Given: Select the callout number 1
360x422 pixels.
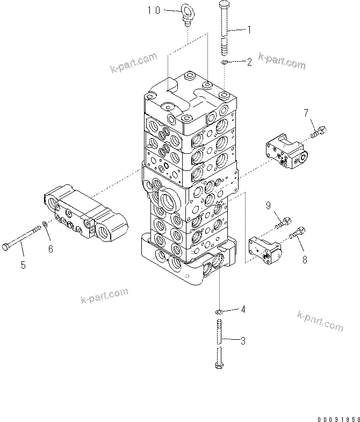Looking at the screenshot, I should pyautogui.click(x=248, y=31).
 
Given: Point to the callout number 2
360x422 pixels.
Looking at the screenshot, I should pyautogui.click(x=248, y=62).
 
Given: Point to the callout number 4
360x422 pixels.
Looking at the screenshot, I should pyautogui.click(x=243, y=309).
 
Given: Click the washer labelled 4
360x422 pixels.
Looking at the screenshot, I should pyautogui.click(x=219, y=311).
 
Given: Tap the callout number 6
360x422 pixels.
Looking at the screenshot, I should pyautogui.click(x=51, y=248).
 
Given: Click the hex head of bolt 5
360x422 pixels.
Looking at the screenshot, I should pyautogui.click(x=6, y=246).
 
